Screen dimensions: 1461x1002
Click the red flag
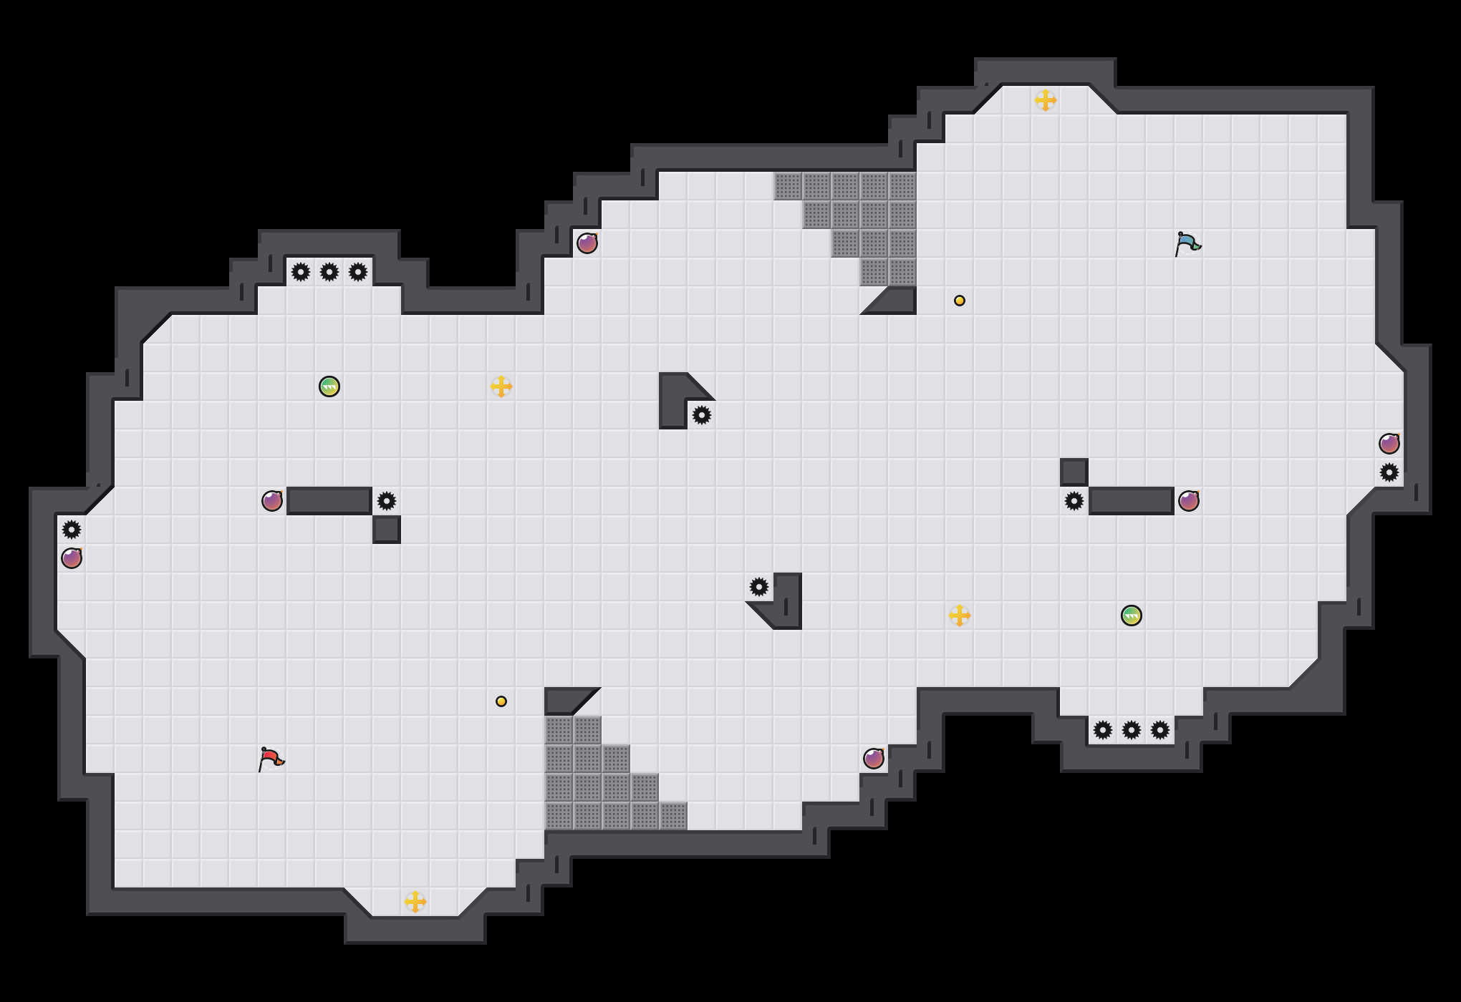click(x=271, y=758)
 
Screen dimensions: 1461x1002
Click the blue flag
click(x=1187, y=243)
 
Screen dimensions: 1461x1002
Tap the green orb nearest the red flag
click(x=329, y=386)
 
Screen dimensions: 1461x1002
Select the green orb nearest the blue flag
click(x=1132, y=616)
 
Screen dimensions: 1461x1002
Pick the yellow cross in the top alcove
click(x=1046, y=100)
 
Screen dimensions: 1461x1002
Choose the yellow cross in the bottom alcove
click(x=415, y=902)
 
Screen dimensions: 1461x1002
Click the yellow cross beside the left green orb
click(x=501, y=386)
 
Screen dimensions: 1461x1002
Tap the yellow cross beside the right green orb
click(x=960, y=616)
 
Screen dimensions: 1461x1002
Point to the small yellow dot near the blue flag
click(x=960, y=301)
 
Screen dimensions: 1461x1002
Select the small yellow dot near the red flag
click(x=501, y=701)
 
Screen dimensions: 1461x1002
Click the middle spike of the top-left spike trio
click(x=329, y=272)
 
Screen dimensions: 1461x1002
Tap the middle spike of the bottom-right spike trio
click(x=1132, y=730)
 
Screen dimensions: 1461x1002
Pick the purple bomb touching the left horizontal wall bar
click(x=272, y=501)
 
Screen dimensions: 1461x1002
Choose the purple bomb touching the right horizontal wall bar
click(x=1189, y=501)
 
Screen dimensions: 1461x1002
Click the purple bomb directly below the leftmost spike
click(x=72, y=558)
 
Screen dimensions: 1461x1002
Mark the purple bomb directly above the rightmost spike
click(x=1389, y=444)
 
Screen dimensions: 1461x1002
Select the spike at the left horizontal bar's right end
click(x=387, y=501)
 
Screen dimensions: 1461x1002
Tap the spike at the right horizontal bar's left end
click(x=1074, y=501)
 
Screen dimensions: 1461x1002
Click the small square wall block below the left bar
click(x=387, y=530)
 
